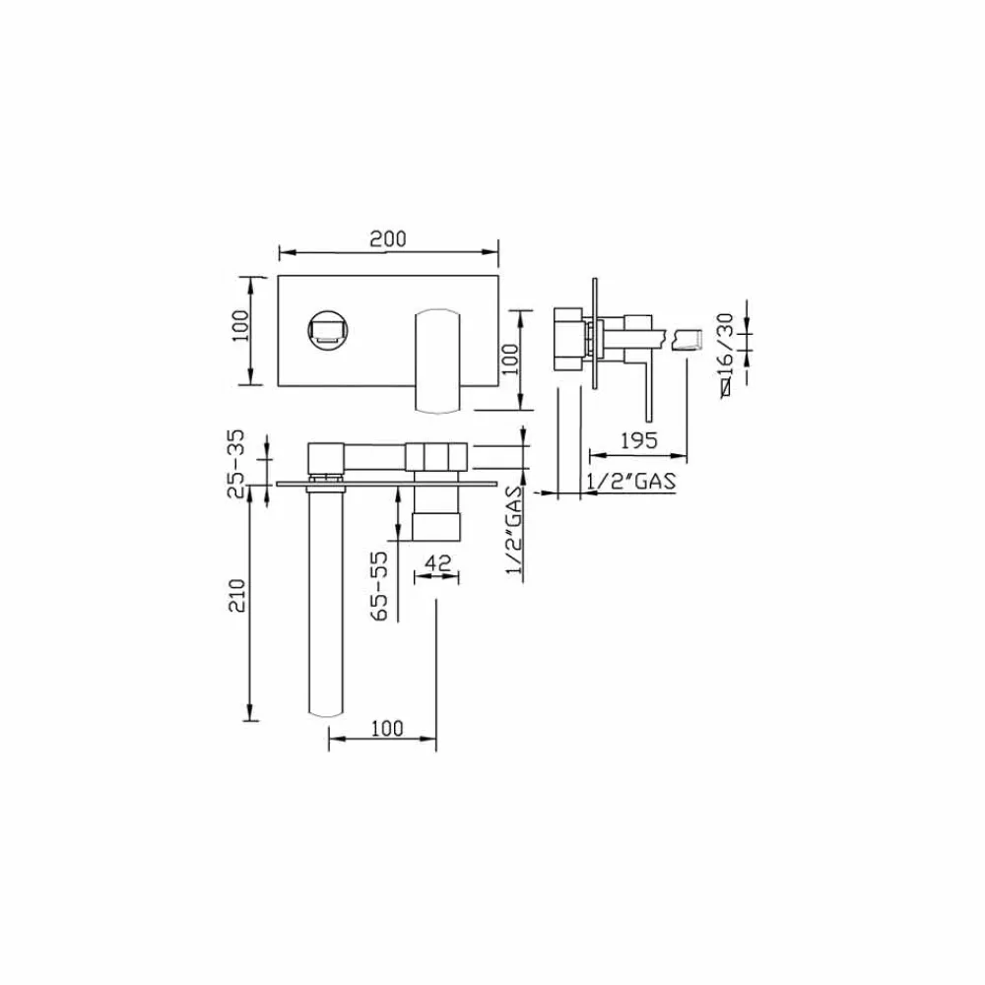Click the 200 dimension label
[387, 239]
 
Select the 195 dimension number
[639, 440]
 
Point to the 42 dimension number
[438, 562]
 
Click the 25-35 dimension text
[236, 464]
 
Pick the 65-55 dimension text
[379, 586]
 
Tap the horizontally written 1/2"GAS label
[631, 482]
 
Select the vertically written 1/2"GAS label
[515, 530]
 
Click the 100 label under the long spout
[387, 729]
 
